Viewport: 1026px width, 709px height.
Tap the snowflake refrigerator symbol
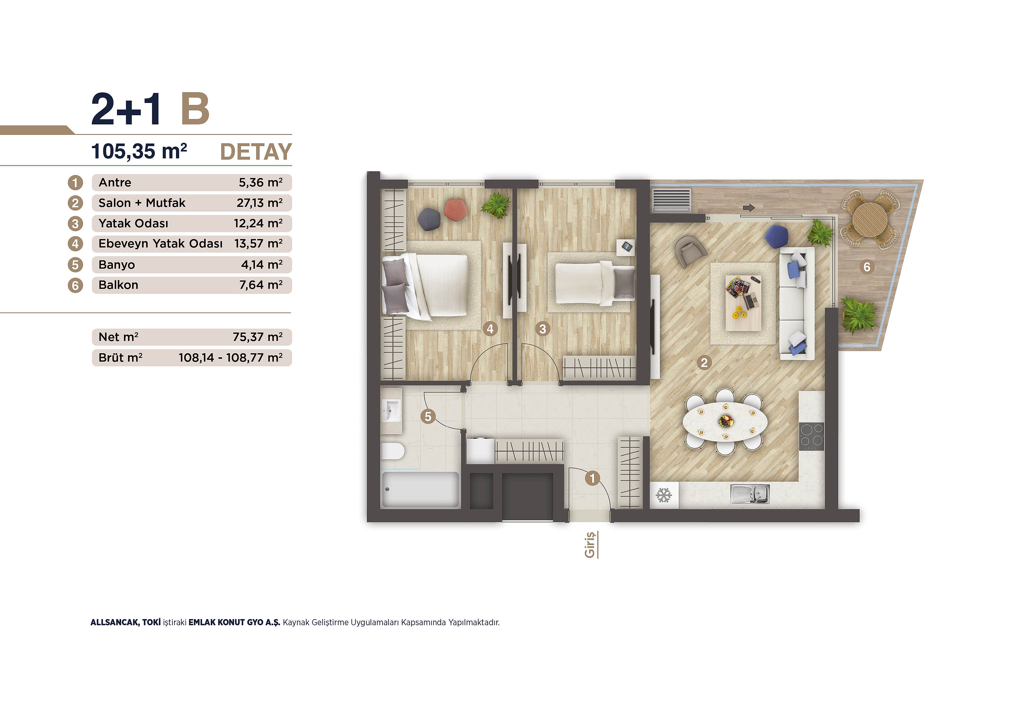[x=663, y=495]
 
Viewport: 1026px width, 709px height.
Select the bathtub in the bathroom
[x=420, y=490]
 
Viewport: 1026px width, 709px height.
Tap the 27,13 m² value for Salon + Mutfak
[x=260, y=203]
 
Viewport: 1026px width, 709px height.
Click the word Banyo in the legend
[x=116, y=265]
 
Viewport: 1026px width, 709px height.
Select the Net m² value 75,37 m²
[x=258, y=337]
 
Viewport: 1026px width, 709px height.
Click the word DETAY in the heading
[x=256, y=152]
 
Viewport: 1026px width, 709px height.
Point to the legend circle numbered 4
[x=75, y=244]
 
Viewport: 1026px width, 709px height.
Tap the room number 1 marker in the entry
[x=592, y=478]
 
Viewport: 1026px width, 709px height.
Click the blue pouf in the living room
[x=776, y=236]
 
